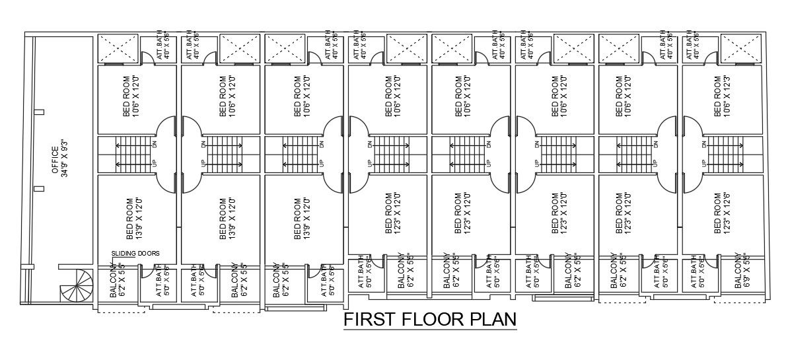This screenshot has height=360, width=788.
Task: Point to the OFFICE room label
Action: click(55, 159)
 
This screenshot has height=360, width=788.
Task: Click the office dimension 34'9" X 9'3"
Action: click(64, 159)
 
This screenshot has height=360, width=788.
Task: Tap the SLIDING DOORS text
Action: click(135, 253)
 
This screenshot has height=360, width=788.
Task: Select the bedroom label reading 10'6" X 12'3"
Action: click(722, 96)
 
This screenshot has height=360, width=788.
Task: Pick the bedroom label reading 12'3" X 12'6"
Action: click(722, 214)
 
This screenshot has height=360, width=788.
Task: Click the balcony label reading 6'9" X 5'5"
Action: click(742, 271)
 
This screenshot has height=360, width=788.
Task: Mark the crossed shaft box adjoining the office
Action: click(118, 49)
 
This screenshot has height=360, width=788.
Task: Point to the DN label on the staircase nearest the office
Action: click(156, 143)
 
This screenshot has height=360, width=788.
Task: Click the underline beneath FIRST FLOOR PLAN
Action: click(430, 332)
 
